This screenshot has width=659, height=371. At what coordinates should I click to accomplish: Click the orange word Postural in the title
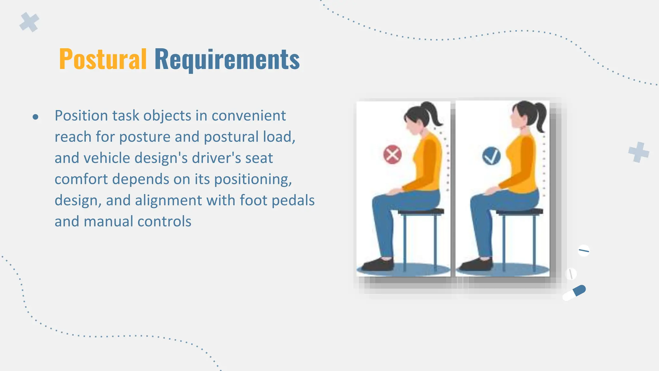[x=103, y=59]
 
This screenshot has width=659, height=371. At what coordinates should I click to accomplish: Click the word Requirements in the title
[x=227, y=59]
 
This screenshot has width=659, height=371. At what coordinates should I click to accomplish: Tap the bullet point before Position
[x=35, y=117]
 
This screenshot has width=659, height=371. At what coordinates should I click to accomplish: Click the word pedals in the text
[x=293, y=200]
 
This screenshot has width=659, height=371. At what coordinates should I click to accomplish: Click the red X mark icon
[x=392, y=155]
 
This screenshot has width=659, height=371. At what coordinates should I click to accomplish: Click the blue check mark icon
[x=491, y=156]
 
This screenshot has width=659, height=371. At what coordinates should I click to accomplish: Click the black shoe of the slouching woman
[x=378, y=265]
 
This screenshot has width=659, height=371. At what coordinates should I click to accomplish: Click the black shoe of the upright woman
[x=477, y=265]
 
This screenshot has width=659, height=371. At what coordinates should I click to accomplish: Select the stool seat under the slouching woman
[x=421, y=212]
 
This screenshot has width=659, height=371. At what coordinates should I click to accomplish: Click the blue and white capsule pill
[x=574, y=292]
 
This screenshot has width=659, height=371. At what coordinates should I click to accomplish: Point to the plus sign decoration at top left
[x=29, y=22]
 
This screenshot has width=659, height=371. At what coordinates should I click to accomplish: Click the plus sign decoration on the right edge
[x=638, y=152]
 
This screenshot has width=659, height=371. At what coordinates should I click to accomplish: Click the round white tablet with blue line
[x=583, y=250]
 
